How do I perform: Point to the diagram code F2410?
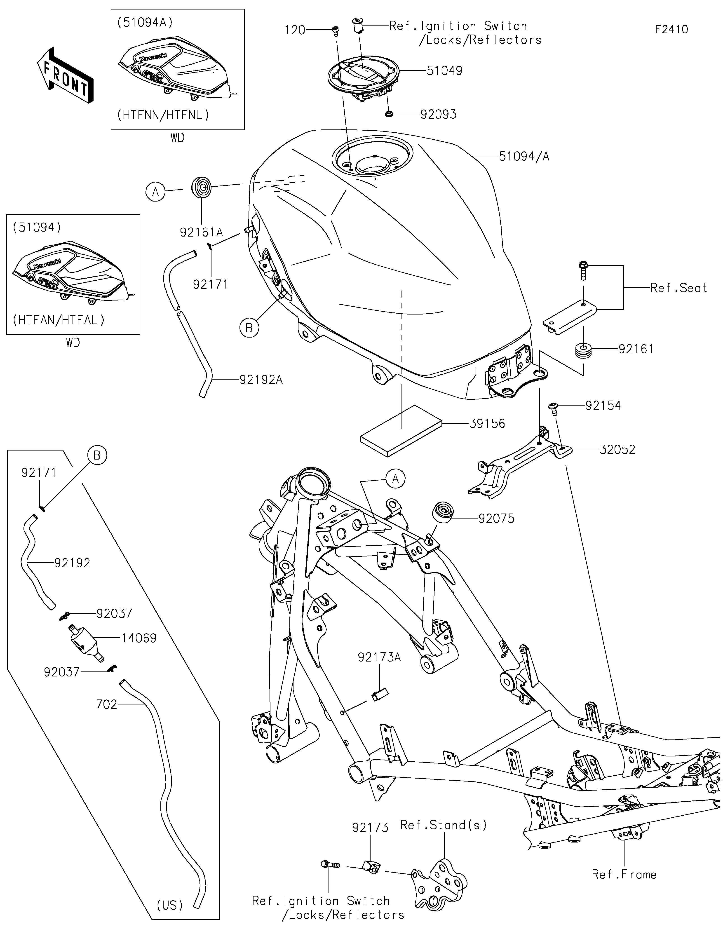click(672, 30)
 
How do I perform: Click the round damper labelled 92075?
click(443, 512)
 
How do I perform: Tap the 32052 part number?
click(617, 449)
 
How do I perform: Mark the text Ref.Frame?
click(624, 875)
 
